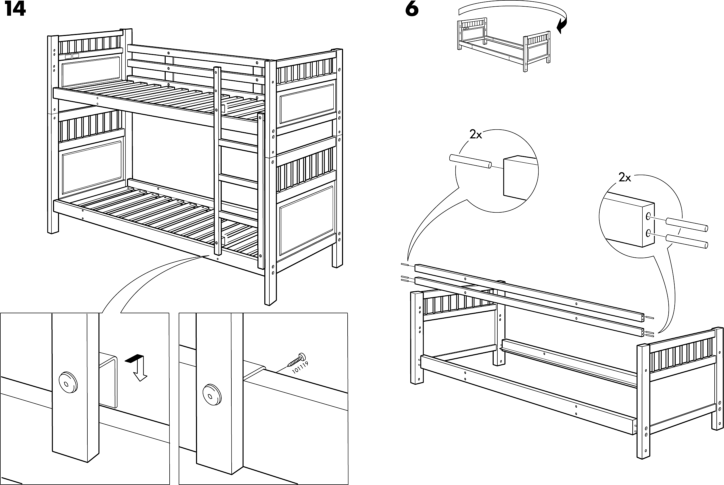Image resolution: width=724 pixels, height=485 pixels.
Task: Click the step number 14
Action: (15, 10)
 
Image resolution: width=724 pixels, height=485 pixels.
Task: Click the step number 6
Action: (412, 10)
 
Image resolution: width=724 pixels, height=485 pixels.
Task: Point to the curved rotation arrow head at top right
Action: (561, 27)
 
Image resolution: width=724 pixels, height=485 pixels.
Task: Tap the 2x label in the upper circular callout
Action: (476, 135)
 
